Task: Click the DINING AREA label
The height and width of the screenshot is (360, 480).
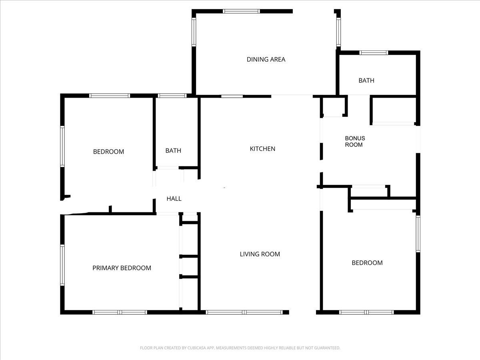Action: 266,60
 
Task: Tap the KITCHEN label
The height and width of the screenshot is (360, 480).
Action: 262,149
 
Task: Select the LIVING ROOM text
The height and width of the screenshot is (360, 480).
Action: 260,254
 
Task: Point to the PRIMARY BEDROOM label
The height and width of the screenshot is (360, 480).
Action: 122,268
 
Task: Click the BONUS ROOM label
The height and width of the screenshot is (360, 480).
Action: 355,142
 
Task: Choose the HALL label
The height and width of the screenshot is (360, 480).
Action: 174,198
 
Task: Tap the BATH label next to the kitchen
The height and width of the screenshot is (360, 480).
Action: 173,151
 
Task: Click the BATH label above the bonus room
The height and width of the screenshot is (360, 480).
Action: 366,80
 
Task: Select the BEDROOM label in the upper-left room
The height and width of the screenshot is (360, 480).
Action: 108,152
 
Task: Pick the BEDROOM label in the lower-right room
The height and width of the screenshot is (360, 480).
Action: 367,263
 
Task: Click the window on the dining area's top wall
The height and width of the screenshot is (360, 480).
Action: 241,11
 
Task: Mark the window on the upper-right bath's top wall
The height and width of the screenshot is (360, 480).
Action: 374,52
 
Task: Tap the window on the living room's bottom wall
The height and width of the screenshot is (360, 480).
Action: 244,312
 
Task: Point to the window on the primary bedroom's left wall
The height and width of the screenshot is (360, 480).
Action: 62,265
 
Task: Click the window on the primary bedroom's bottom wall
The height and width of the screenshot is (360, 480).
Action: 120,312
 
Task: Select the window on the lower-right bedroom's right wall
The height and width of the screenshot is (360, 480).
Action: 418,234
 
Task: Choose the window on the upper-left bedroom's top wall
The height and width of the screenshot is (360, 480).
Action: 109,96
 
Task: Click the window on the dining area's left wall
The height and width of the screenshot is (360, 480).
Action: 194,32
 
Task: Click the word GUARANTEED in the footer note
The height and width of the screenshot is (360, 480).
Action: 324,348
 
